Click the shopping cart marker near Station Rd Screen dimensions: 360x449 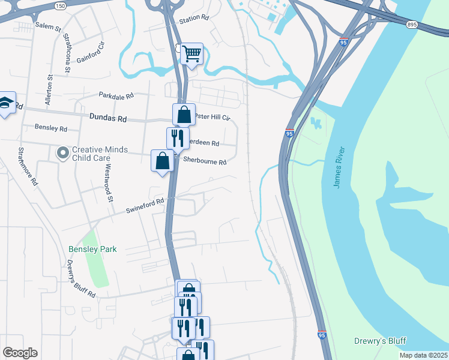click(191, 55)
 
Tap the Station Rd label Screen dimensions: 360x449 click(193, 19)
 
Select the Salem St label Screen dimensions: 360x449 click(48, 27)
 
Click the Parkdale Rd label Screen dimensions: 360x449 click(116, 96)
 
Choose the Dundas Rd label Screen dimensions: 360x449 click(108, 119)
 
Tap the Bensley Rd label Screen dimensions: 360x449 click(51, 128)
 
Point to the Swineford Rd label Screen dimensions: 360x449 click(145, 206)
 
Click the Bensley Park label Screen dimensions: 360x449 click(92, 249)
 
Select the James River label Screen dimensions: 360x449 click(339, 167)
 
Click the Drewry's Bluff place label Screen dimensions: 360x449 click(381, 341)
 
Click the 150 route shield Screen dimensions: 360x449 click(59, 5)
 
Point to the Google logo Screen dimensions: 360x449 click(20, 353)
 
